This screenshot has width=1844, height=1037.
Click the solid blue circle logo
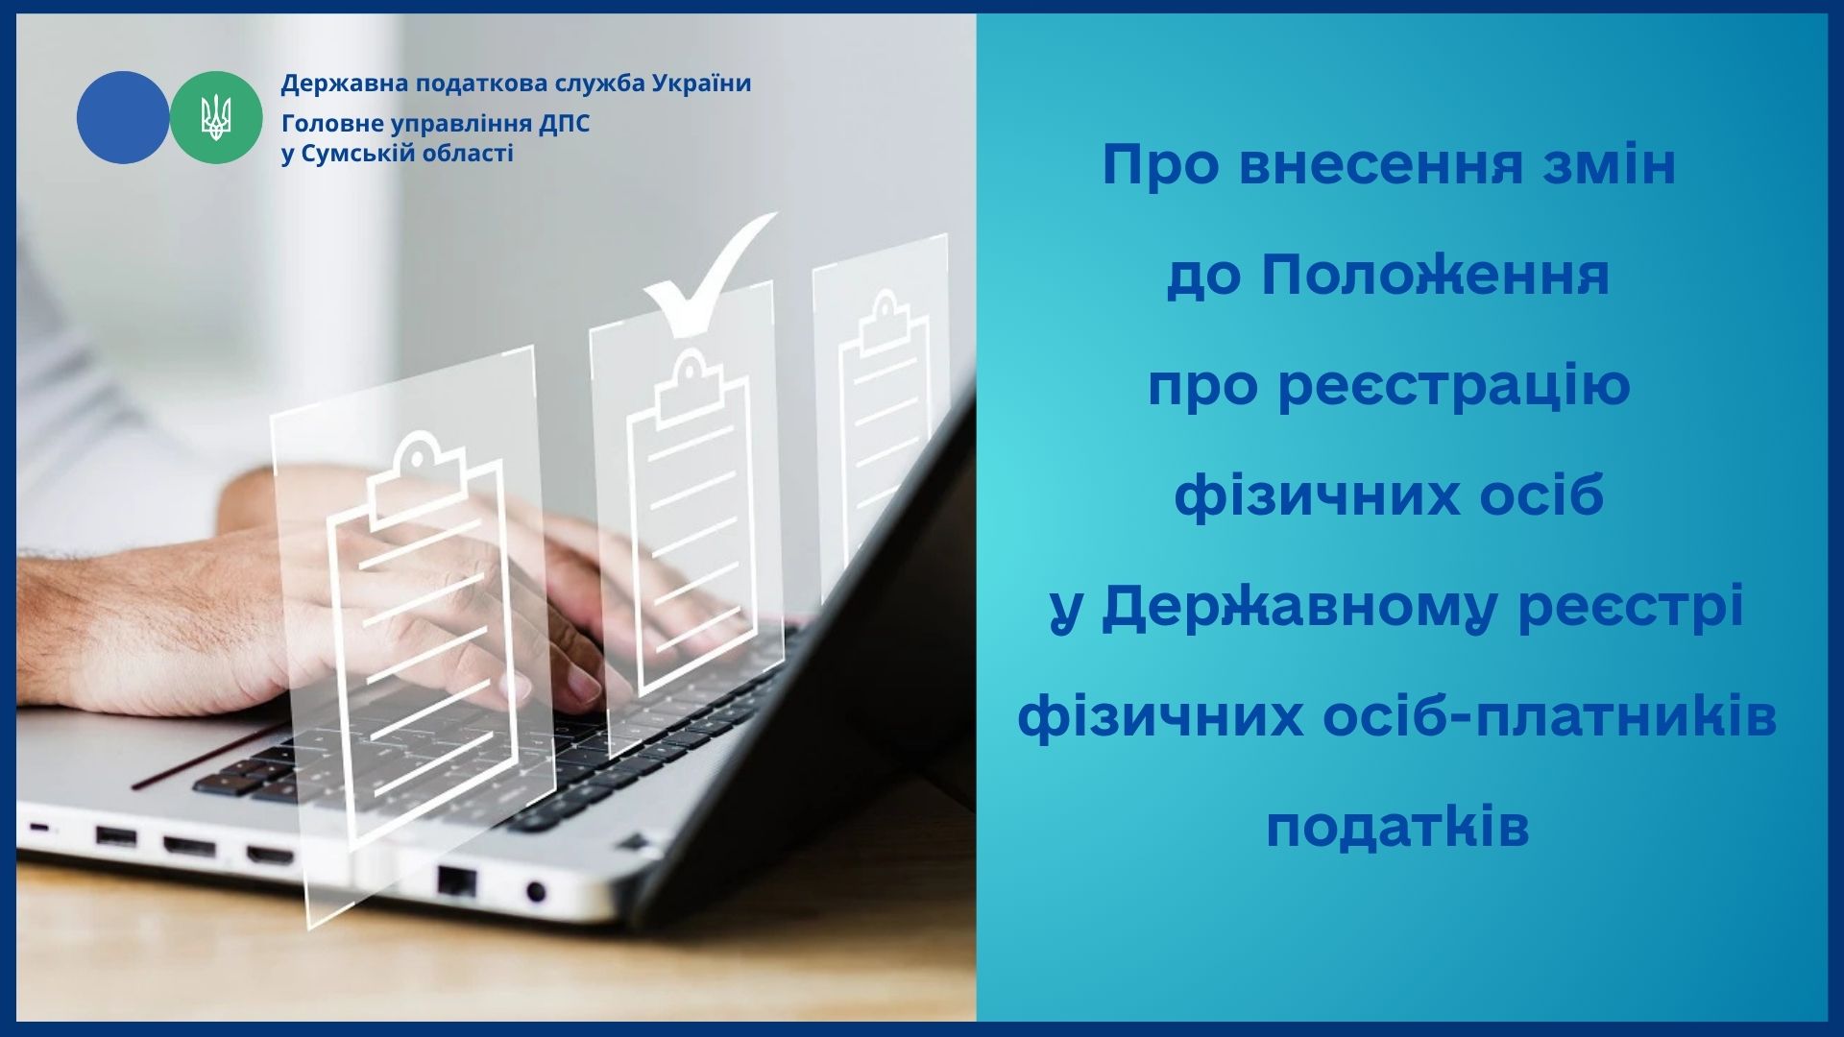pos(123,117)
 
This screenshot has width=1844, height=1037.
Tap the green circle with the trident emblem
pos(216,117)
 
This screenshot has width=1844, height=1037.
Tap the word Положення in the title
pos(1435,276)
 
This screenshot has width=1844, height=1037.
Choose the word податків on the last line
pos(1397,827)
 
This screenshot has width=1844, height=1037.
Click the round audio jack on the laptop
pos(536,892)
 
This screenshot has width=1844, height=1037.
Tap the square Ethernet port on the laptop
pos(456,880)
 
